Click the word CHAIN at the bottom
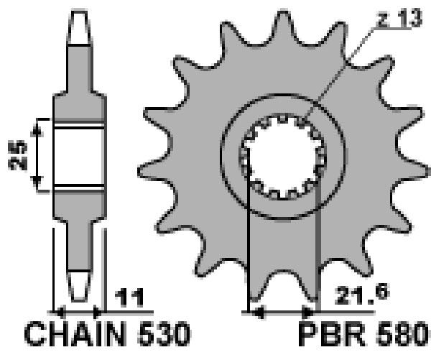tap(75, 334)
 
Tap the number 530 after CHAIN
tap(164, 334)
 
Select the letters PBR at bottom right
tap(332, 334)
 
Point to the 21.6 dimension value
tap(362, 295)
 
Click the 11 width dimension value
tap(129, 297)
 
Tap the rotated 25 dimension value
tap(17, 155)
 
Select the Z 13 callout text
tap(400, 18)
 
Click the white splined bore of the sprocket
tap(283, 156)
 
